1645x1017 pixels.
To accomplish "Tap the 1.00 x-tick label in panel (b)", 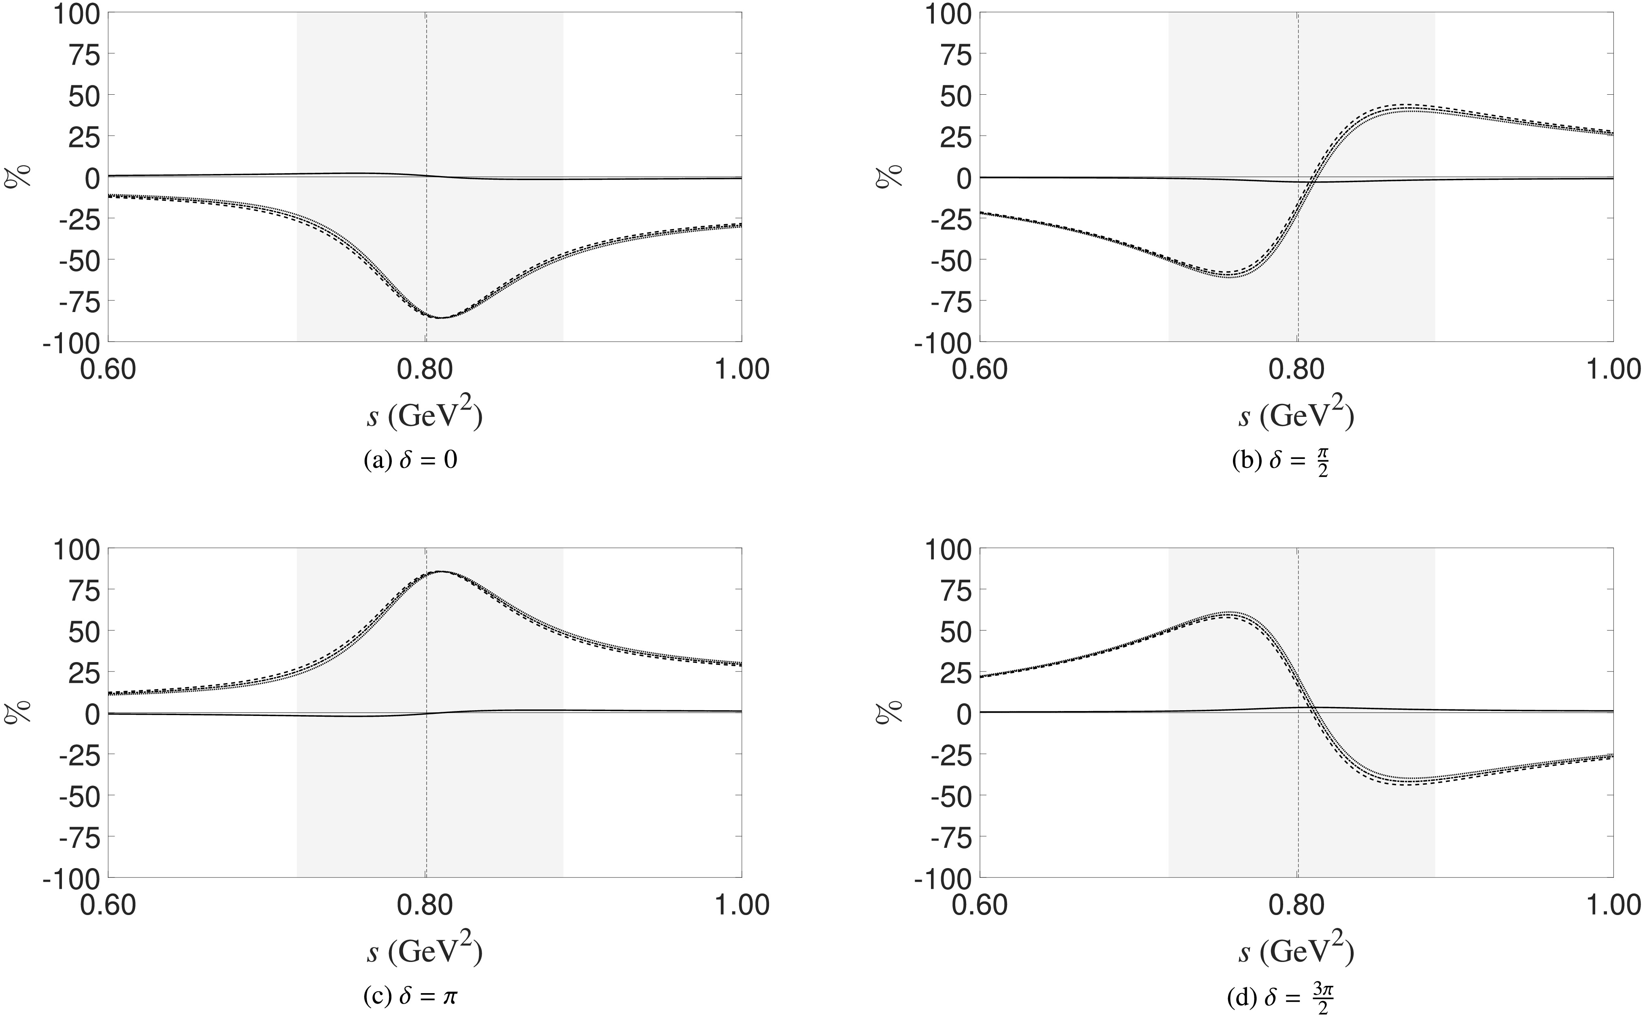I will tap(1612, 370).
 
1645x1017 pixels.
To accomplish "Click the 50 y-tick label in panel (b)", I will tap(950, 96).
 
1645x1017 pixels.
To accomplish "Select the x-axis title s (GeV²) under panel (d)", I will tap(1296, 950).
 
